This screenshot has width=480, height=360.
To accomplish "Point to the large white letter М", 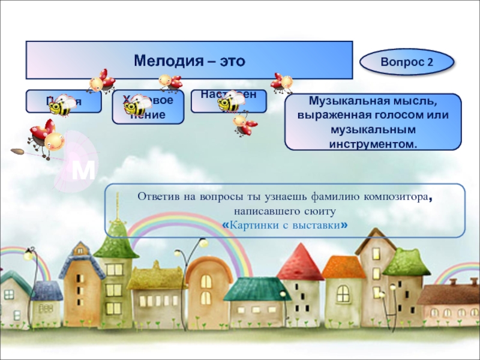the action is [x=83, y=171].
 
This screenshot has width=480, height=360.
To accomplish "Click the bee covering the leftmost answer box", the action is [x=61, y=106].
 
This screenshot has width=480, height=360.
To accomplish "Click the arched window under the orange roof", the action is [x=205, y=281].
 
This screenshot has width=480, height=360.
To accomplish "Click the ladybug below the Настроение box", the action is [x=245, y=124].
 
